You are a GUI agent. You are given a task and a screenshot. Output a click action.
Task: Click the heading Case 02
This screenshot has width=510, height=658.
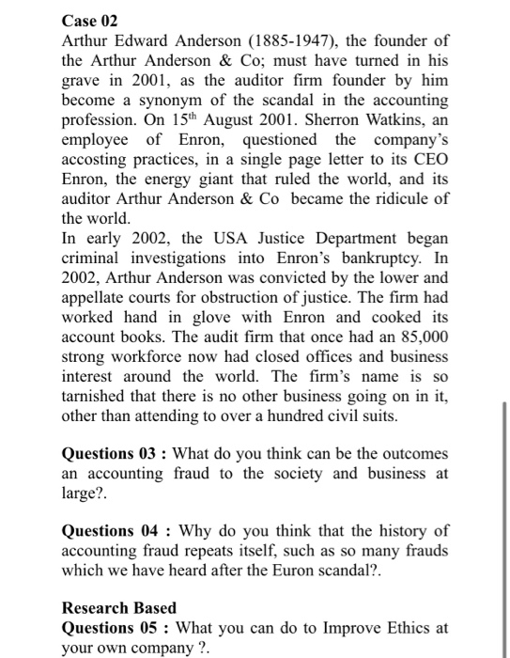pos(91,19)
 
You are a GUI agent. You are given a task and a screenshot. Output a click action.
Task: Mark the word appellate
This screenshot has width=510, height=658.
pos(97,297)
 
